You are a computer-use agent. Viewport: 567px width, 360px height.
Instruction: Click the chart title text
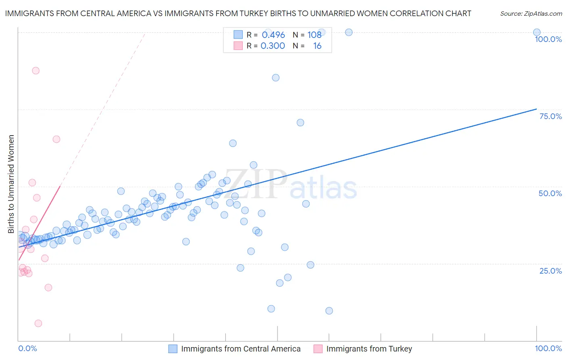click(238, 13)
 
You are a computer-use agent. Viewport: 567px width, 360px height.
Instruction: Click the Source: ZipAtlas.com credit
click(531, 14)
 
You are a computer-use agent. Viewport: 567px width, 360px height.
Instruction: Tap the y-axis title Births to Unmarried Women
click(11, 184)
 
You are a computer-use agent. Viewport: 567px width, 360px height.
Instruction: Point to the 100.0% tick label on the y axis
click(548, 39)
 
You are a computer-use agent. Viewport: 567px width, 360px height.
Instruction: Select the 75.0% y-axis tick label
click(550, 116)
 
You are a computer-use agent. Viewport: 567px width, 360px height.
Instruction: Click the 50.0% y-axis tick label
click(550, 193)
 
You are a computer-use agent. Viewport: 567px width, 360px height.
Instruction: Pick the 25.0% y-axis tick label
click(550, 270)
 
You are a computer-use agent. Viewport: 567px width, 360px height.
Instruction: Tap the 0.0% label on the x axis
click(27, 348)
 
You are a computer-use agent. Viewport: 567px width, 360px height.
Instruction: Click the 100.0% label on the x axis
click(548, 348)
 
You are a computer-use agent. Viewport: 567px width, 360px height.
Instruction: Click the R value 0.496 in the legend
click(273, 35)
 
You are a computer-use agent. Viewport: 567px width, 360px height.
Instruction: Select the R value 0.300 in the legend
click(273, 46)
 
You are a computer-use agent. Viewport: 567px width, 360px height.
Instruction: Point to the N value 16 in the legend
click(317, 46)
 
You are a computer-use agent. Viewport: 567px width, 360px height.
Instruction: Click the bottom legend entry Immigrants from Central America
click(241, 349)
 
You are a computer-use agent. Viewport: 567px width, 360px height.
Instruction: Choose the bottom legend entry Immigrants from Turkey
click(369, 349)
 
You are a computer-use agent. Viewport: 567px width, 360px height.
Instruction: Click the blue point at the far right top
click(537, 32)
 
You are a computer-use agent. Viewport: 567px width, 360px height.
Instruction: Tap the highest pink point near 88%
click(36, 71)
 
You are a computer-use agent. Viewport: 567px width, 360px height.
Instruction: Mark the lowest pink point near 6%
click(38, 323)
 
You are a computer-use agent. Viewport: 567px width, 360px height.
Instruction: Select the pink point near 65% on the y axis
click(56, 139)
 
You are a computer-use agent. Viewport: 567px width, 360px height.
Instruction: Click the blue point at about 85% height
click(276, 77)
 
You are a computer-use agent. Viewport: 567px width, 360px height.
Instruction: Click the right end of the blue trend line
click(536, 109)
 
